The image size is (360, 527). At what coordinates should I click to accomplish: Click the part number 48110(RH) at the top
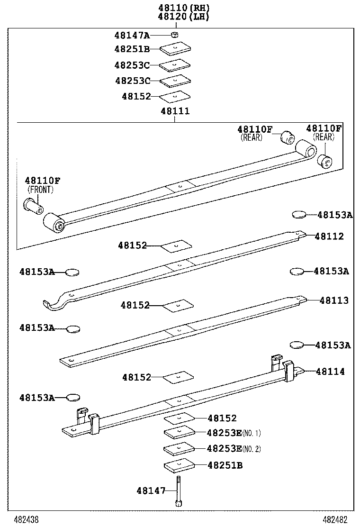(x=183, y=8)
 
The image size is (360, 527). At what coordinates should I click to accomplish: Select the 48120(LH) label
(x=183, y=16)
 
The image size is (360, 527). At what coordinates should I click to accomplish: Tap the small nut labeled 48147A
(x=174, y=35)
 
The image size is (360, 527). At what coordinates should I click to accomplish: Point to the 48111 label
(x=175, y=111)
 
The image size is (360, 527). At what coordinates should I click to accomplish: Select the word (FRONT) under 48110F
(x=40, y=190)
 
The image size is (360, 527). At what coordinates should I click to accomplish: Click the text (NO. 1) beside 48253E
(x=252, y=433)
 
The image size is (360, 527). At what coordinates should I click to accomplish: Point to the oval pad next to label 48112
(x=299, y=215)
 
